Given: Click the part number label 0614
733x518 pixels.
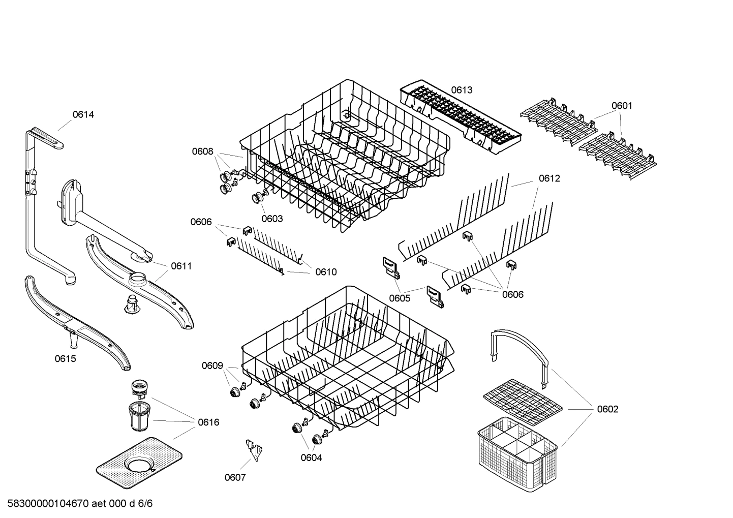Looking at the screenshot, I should (83, 114).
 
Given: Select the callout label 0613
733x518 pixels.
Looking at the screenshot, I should (462, 90).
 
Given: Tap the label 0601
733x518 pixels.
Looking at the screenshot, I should (622, 106).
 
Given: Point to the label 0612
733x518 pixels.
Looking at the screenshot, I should (549, 178).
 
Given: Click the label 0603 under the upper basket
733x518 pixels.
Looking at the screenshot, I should (272, 219).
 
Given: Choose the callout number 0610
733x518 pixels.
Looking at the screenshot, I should (326, 272).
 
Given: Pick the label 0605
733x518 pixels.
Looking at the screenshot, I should (400, 298).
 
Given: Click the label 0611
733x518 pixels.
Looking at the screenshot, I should (181, 266).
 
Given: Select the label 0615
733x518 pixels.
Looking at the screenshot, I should (65, 359).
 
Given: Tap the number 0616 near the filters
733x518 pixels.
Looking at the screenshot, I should (208, 422).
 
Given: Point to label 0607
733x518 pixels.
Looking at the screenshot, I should (235, 477).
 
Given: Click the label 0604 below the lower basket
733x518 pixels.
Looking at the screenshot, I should (311, 458).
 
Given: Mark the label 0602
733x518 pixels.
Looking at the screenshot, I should (607, 409).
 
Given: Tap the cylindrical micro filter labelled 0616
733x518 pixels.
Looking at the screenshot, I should (138, 415).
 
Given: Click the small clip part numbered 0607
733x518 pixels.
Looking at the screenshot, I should (254, 448).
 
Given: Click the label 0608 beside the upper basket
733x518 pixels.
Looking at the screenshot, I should (202, 151).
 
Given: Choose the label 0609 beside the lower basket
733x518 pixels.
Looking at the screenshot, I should (212, 365).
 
